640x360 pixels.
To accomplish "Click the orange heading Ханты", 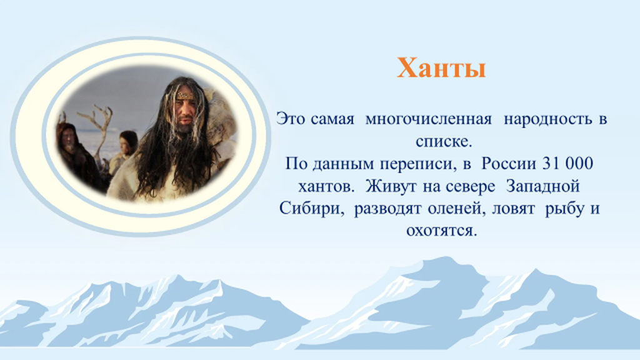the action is click(x=441, y=67).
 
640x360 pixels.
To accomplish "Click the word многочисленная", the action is click(x=429, y=119).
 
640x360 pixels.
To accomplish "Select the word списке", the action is click(x=444, y=142).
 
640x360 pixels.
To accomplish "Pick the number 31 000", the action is click(x=567, y=163).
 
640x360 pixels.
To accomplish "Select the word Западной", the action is click(x=543, y=186).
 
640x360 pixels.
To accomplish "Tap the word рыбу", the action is click(x=563, y=208).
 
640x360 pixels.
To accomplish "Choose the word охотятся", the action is click(x=442, y=231).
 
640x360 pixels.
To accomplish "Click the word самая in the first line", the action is click(x=332, y=119).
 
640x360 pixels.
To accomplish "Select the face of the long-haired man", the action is click(x=186, y=109).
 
